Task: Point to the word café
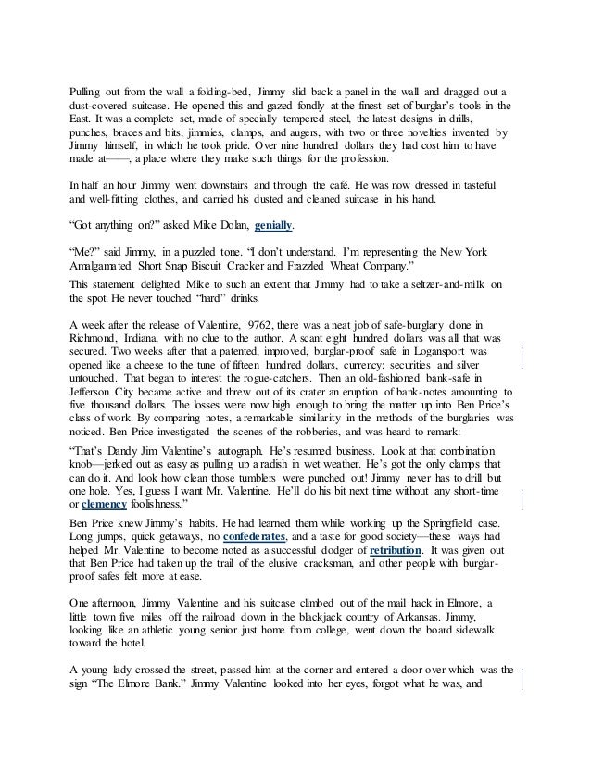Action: pos(309,185)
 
